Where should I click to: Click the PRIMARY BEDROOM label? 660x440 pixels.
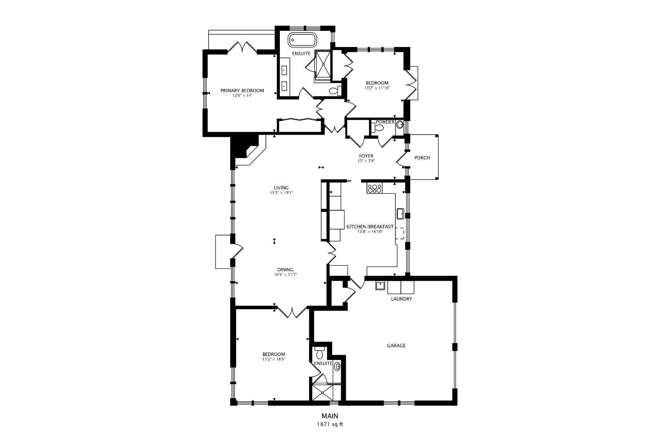click(x=242, y=91)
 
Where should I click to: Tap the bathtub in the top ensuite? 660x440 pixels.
click(x=302, y=40)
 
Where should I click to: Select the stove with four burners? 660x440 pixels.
click(x=375, y=188)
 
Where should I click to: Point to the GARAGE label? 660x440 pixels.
click(x=396, y=345)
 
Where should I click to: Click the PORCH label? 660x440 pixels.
click(x=422, y=158)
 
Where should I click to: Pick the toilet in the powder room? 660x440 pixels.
click(x=377, y=128)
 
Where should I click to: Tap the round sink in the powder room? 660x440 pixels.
click(x=400, y=125)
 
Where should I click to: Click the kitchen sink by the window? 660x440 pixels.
click(x=400, y=214)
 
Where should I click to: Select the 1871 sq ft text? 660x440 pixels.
click(x=330, y=425)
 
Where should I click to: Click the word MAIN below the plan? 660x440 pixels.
click(x=330, y=416)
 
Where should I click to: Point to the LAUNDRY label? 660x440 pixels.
click(x=401, y=299)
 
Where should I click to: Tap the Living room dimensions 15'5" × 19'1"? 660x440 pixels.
click(x=282, y=193)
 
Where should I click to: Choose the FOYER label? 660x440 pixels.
click(x=366, y=156)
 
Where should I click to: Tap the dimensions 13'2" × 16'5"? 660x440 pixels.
click(x=274, y=359)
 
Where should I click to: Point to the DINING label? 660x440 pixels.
click(x=285, y=270)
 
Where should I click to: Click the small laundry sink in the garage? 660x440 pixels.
click(x=380, y=286)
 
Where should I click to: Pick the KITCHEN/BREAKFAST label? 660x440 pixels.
click(x=370, y=227)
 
